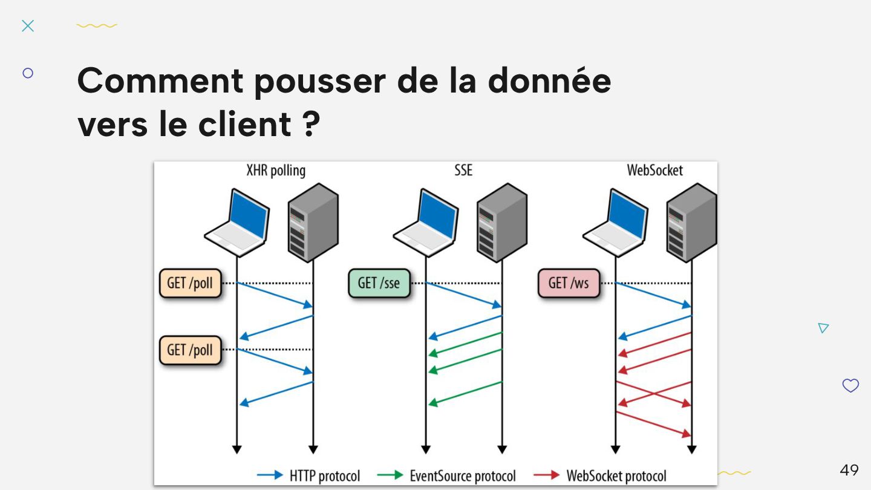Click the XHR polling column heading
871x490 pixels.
pyautogui.click(x=276, y=171)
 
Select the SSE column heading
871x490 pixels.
pyautogui.click(x=463, y=171)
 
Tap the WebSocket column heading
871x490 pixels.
pyautogui.click(x=654, y=171)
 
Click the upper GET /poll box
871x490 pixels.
pyautogui.click(x=190, y=283)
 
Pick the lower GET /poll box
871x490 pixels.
pyautogui.click(x=190, y=350)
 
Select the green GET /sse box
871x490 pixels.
pyautogui.click(x=379, y=283)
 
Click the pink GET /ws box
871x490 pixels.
pyautogui.click(x=568, y=283)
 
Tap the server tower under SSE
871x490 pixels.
pyautogui.click(x=501, y=222)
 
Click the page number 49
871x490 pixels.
pyautogui.click(x=849, y=470)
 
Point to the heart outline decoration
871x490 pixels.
pyautogui.click(x=850, y=385)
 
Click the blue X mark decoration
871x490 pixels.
pyautogui.click(x=28, y=25)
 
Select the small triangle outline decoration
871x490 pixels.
pyautogui.click(x=823, y=328)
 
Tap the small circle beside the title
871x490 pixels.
pyautogui.click(x=28, y=73)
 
